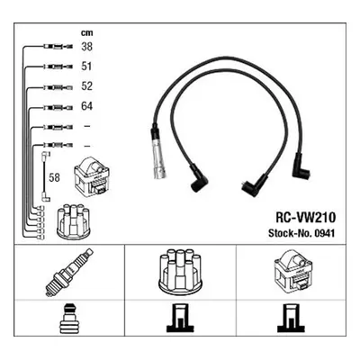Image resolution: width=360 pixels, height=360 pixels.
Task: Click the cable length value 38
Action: coord(86,47)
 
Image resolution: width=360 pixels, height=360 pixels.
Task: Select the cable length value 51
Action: coord(86,67)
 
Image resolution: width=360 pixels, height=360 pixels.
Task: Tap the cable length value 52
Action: coord(86,86)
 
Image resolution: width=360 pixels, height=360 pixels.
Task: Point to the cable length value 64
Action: coord(86,106)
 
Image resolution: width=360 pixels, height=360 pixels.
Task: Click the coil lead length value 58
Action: coord(54,177)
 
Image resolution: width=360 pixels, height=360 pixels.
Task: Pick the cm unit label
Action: coord(86,32)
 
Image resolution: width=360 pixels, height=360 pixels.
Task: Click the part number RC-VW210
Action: coord(305,218)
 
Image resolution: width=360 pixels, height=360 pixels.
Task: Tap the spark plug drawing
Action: coord(69,272)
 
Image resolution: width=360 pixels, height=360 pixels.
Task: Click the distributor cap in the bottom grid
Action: coord(180,271)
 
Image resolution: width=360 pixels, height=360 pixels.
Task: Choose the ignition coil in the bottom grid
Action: coord(293,270)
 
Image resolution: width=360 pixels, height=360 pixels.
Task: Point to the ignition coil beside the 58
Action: coord(92,175)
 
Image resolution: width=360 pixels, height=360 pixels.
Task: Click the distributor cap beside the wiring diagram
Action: coord(74,222)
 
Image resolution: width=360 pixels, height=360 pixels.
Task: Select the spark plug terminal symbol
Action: coord(69,319)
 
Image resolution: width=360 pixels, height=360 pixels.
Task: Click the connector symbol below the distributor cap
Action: coord(180,319)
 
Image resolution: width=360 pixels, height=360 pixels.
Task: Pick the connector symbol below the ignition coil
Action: coord(292,319)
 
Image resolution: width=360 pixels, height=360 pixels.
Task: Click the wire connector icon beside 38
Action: coord(58,47)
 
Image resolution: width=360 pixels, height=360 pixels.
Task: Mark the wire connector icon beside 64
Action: coord(58,107)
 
